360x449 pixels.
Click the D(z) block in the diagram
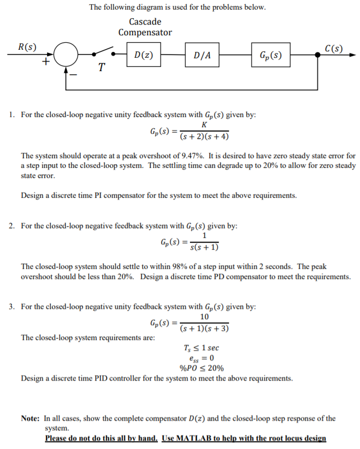[x=141, y=55]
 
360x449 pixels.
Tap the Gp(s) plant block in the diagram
[x=271, y=55]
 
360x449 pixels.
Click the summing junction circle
[x=66, y=55]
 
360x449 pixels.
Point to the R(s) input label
[x=27, y=47]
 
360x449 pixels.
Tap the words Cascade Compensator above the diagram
[x=145, y=27]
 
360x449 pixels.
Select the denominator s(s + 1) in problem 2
[x=205, y=247]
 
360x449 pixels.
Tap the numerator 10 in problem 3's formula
[x=205, y=318]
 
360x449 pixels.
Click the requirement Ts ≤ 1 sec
[x=201, y=348]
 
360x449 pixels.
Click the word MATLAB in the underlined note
[x=200, y=439]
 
